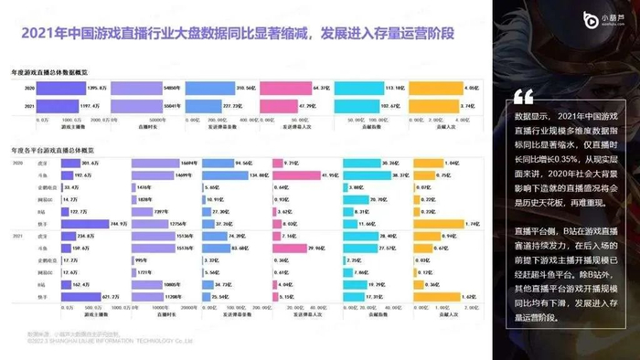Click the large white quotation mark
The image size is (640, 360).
tap(523, 97)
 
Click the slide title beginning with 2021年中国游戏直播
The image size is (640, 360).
tap(237, 34)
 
